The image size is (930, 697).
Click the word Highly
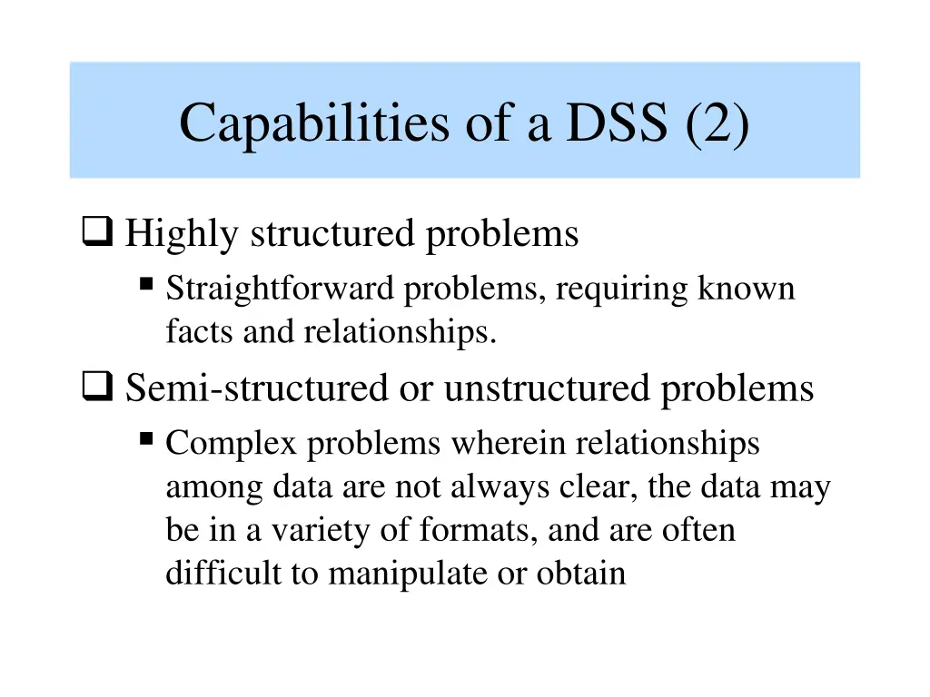pyautogui.click(x=182, y=234)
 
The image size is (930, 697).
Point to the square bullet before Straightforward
pyautogui.click(x=146, y=285)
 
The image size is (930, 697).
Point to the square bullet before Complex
pyautogui.click(x=146, y=439)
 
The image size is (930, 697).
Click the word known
pyautogui.click(x=747, y=290)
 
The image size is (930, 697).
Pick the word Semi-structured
pyautogui.click(x=255, y=388)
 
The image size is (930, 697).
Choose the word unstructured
pyautogui.click(x=547, y=388)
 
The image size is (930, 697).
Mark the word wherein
pyautogui.click(x=510, y=444)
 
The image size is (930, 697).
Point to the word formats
pyautogui.click(x=480, y=531)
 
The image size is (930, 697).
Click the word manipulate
pyautogui.click(x=405, y=574)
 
